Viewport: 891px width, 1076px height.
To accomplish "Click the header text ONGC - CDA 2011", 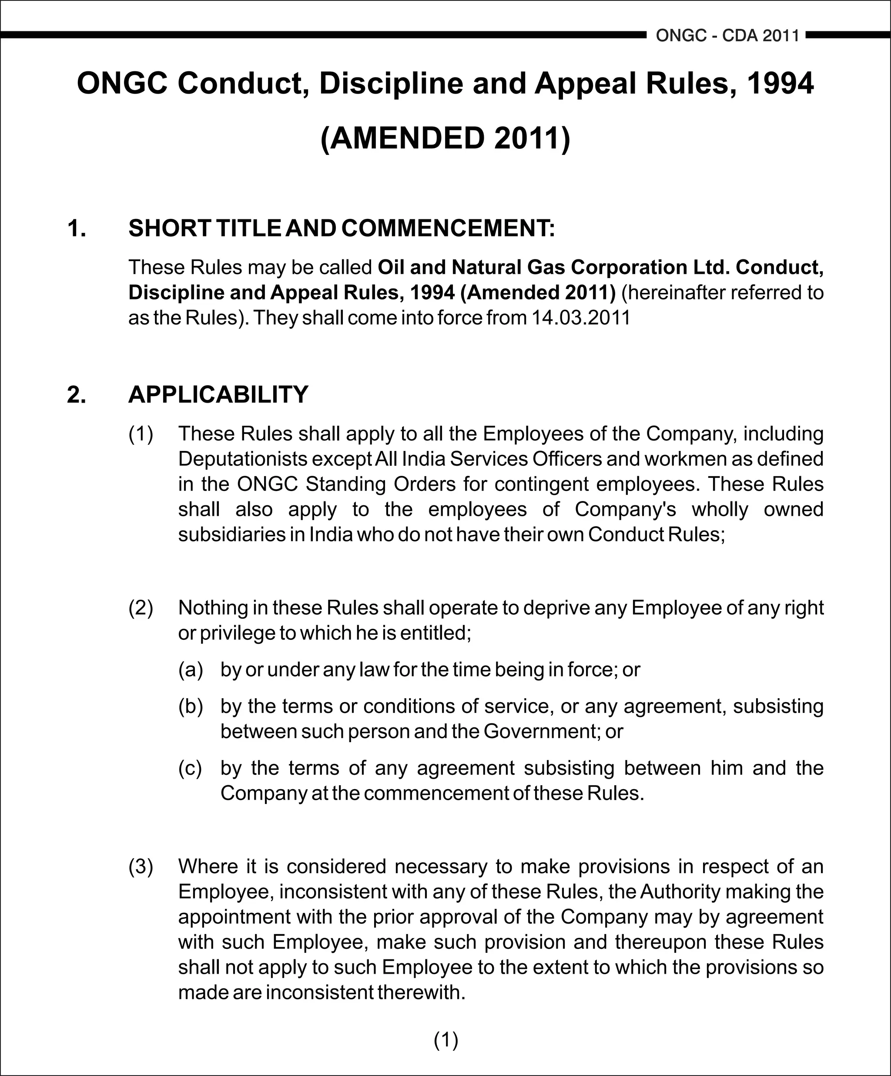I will [727, 36].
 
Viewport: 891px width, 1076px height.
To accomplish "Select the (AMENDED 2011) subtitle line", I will [445, 138].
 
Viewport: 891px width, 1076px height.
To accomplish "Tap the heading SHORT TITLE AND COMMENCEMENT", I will [342, 229].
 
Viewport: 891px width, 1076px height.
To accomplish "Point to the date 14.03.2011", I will [580, 318].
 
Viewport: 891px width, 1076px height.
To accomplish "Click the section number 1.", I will [76, 229].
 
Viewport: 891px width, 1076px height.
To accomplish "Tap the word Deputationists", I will [242, 459].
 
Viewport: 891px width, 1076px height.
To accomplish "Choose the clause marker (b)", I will [191, 706].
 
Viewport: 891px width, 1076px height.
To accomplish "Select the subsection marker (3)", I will [141, 867].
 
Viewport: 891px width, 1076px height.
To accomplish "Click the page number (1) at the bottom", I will [445, 1040].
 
